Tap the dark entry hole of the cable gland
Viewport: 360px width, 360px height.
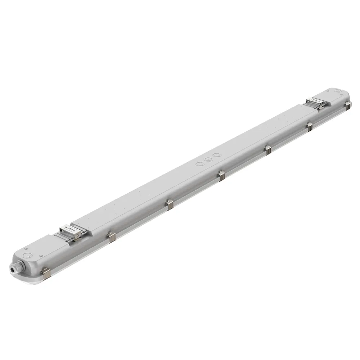point(14,268)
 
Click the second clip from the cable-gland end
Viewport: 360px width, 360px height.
point(112,237)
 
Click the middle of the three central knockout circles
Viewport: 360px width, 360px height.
point(208,159)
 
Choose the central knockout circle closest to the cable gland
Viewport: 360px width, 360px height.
point(199,164)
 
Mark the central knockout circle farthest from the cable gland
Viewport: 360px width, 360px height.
point(216,155)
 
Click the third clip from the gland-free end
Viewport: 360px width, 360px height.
point(268,150)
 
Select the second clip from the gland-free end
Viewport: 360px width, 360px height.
point(309,127)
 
